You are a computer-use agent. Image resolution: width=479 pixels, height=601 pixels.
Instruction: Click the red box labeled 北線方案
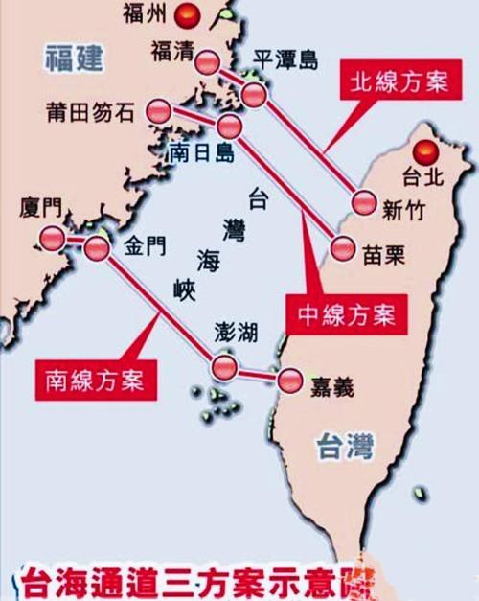tap(394, 81)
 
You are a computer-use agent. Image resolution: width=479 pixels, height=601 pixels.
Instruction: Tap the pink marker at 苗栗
tap(343, 248)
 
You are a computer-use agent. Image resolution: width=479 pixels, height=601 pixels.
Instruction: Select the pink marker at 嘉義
tap(288, 381)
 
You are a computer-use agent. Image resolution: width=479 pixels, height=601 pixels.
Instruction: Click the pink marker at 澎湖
tap(225, 367)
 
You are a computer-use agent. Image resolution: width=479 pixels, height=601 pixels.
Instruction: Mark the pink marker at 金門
tap(97, 248)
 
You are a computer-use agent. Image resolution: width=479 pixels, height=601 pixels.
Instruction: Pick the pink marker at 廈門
tap(52, 238)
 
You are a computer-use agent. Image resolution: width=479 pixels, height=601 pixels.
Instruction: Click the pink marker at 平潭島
tap(254, 94)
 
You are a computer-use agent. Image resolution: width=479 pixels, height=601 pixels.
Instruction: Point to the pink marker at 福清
tap(209, 63)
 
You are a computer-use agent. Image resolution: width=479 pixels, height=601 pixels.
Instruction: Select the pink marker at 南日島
tap(230, 126)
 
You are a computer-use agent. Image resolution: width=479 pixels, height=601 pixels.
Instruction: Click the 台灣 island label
tap(348, 445)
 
